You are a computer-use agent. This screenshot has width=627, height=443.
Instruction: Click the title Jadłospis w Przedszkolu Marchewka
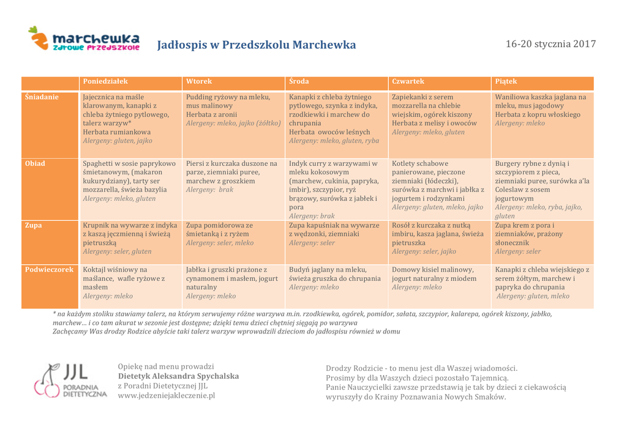tap(256, 45)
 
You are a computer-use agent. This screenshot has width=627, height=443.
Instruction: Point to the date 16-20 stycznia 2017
tap(550, 44)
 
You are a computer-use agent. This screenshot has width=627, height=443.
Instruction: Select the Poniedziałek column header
tap(105, 81)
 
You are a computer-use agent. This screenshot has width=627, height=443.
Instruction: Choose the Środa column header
tap(299, 81)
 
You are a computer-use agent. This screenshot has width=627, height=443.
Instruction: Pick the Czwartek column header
tap(408, 81)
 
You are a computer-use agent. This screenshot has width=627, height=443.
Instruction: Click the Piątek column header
tap(506, 81)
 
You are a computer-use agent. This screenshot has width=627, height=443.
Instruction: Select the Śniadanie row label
tap(42, 97)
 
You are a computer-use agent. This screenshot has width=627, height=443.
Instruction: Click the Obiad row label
tap(35, 163)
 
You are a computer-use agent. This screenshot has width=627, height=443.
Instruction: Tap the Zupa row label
tap(34, 225)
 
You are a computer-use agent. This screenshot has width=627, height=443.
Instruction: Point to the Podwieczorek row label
tap(50, 269)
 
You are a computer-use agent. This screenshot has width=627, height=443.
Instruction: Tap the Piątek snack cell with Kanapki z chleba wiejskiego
tap(542, 283)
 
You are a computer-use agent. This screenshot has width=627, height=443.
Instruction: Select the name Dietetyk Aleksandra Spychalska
tap(178, 376)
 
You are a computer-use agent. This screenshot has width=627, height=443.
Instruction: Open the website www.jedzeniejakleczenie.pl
tap(166, 395)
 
